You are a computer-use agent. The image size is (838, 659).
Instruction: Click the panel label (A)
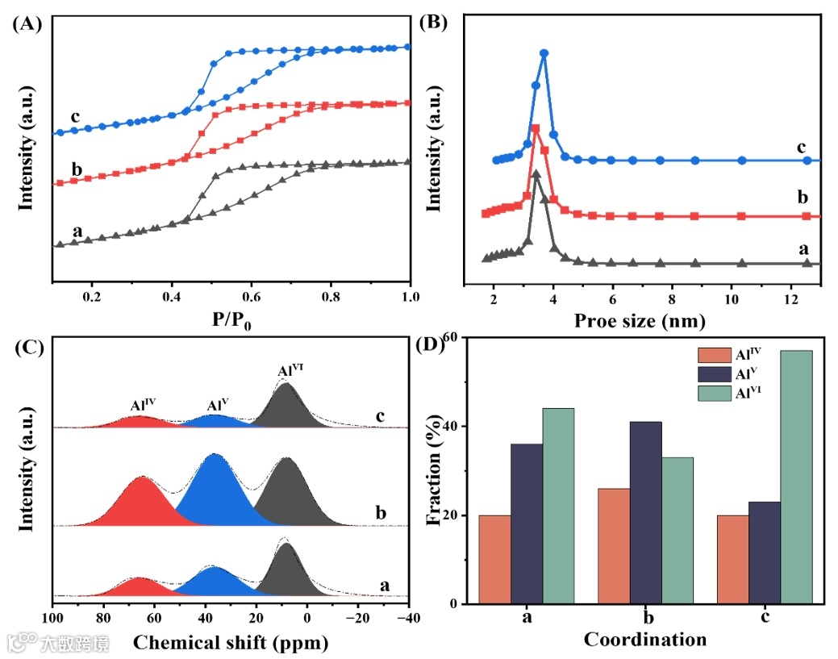pos(26,24)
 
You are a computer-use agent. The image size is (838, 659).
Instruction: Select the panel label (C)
pos(26,347)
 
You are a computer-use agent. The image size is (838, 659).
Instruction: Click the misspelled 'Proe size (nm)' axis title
pos(640,320)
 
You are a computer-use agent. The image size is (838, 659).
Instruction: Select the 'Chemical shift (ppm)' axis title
pos(231,643)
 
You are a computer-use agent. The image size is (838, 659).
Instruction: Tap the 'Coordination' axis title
pos(645,640)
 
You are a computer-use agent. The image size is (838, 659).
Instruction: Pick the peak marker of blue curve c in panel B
pos(544,54)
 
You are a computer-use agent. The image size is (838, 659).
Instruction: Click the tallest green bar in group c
pos(796,476)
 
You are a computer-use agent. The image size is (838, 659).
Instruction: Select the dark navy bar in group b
pos(645,512)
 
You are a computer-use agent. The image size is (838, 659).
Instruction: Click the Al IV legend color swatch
pos(713,355)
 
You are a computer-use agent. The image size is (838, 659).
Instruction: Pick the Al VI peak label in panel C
pos(290,371)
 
